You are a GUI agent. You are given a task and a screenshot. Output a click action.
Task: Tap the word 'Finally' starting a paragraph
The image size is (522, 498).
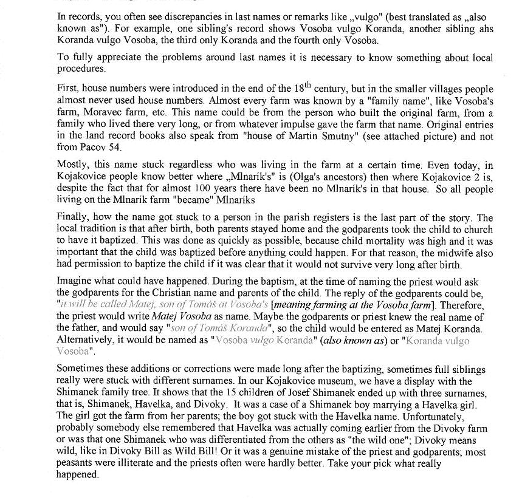(74, 217)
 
